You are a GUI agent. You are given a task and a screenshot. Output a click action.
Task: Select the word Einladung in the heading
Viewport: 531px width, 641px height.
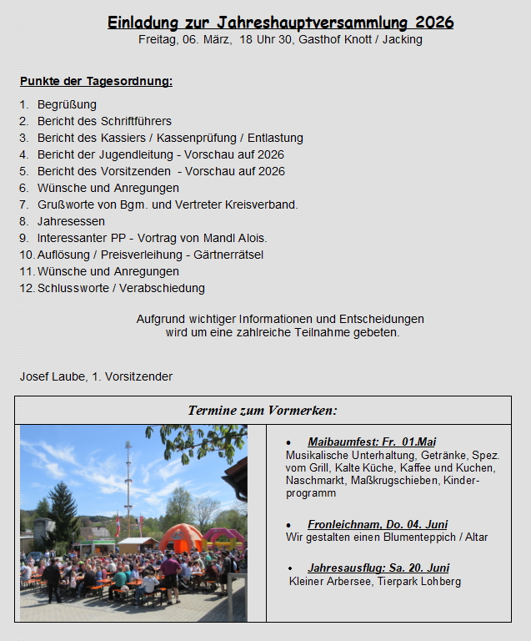point(143,23)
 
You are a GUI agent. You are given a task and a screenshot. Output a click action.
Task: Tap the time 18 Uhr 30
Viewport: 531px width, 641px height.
point(270,39)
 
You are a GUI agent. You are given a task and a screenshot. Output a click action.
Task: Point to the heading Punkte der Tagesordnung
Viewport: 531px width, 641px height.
point(96,81)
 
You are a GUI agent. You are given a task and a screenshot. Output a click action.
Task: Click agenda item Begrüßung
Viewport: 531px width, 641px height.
point(67,104)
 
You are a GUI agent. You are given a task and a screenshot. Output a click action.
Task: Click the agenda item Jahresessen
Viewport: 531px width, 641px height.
point(71,221)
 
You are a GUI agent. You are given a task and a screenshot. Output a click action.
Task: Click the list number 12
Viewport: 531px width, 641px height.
point(26,288)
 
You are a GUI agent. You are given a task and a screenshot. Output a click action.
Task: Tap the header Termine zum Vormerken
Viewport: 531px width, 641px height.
point(263,410)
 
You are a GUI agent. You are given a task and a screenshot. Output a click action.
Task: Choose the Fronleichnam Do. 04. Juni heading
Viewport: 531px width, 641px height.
point(378,524)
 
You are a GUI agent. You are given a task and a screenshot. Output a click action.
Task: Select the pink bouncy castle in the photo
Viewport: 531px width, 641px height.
point(222,536)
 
